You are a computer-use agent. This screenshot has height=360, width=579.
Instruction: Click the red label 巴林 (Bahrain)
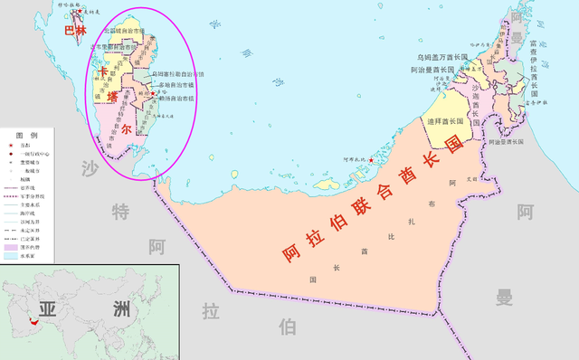[74, 30]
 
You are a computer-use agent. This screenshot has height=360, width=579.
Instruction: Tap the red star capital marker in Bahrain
[81, 12]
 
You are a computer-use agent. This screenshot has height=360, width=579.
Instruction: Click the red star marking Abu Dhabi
[370, 159]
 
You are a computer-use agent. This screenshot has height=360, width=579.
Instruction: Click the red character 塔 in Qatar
[113, 98]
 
